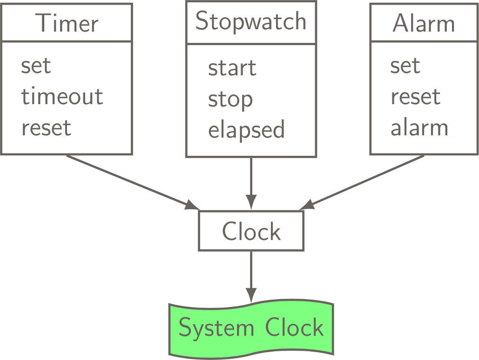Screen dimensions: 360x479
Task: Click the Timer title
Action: (x=68, y=23)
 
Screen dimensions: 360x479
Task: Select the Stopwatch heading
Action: (x=251, y=21)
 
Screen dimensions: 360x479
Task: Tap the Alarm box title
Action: (x=424, y=23)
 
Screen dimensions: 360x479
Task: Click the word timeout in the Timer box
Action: (x=62, y=97)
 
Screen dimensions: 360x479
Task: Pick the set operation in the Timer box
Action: (x=36, y=66)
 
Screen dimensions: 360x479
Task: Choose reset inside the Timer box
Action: (x=46, y=127)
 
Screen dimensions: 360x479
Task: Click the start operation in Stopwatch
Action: (x=232, y=68)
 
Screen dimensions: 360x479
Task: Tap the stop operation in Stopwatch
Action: (x=230, y=100)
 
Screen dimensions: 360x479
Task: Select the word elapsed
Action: (x=246, y=130)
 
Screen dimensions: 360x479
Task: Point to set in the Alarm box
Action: (x=405, y=66)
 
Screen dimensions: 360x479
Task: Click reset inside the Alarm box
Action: (x=415, y=97)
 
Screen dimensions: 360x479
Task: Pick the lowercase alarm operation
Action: (x=419, y=128)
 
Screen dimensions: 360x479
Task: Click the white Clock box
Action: (x=251, y=231)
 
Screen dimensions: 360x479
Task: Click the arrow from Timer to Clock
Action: (x=130, y=181)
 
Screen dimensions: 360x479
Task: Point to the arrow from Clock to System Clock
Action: (x=251, y=274)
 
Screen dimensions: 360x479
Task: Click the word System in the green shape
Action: (x=216, y=328)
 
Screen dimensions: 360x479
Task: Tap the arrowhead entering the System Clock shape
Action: (x=251, y=295)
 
